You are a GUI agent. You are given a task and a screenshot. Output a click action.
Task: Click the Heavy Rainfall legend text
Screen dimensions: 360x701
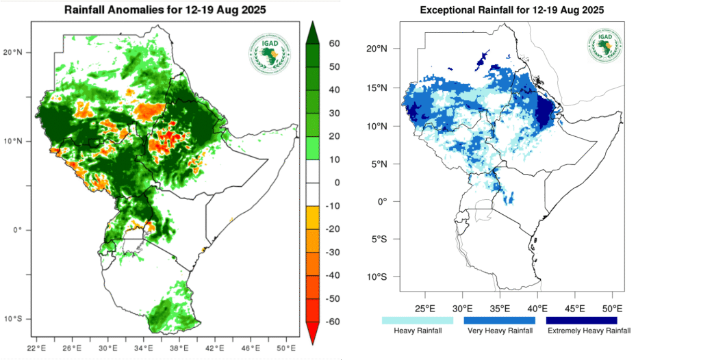coord(417,331)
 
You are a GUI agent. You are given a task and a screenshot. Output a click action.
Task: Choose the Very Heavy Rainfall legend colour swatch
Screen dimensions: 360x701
coord(499,320)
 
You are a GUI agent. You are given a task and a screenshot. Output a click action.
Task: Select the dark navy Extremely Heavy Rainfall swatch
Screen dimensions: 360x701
coord(581,320)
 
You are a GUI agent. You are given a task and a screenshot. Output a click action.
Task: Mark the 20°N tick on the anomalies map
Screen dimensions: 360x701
coord(18,52)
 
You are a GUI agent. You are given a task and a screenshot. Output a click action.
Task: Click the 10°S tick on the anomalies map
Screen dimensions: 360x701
coord(18,319)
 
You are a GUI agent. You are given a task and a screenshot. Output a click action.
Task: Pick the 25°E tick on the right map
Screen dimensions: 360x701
coord(425,306)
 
